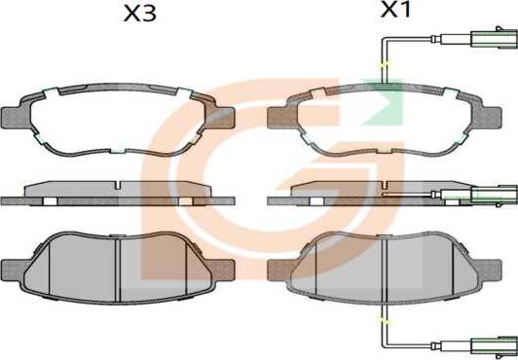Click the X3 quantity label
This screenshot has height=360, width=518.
coord(139,15)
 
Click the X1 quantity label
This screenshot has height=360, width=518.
coord(395,10)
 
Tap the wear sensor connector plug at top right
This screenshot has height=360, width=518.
coord(495,38)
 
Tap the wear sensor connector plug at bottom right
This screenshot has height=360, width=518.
coord(495,346)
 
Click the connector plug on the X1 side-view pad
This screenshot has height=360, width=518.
coord(495,195)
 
